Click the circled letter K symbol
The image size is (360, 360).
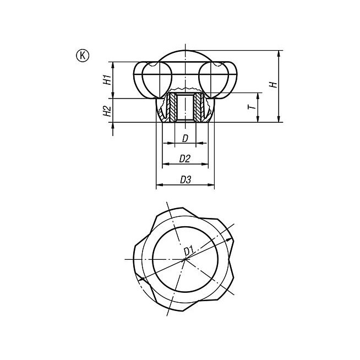83,56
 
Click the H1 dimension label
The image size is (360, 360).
107,79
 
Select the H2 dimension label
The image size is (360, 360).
107,111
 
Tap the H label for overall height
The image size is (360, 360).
274,84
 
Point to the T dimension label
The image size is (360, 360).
252,107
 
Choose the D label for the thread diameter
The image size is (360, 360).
185,139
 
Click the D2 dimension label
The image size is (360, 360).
185,159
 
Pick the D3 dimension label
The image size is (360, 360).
186,180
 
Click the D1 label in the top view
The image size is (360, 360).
189,250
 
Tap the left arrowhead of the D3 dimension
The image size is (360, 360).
159,184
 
